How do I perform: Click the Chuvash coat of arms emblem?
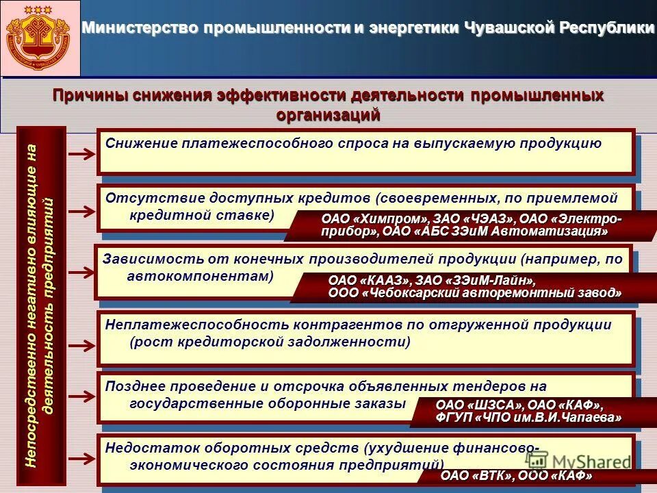40,38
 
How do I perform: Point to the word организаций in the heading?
328,114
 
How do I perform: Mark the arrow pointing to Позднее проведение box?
82,399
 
